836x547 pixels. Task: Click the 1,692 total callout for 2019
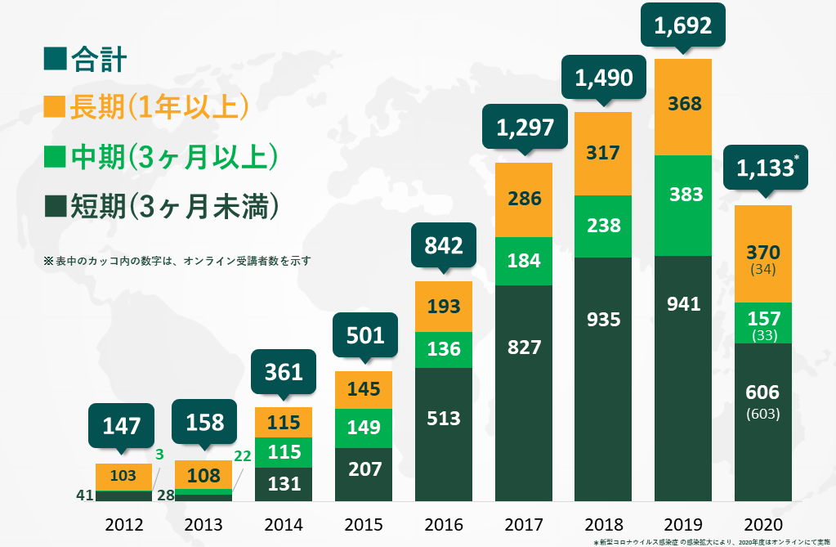point(683,26)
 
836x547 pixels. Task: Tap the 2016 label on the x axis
point(444,525)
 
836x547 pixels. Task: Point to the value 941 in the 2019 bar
point(683,304)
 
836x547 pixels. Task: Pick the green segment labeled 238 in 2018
point(603,226)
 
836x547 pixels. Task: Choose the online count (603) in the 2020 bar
point(763,414)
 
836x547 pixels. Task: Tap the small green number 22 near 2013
point(242,455)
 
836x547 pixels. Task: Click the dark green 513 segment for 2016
point(444,419)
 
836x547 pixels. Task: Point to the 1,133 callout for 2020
point(764,168)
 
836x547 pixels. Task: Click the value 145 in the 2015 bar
point(364,389)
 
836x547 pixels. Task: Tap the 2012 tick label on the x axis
point(124,525)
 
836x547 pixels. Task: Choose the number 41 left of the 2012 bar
point(83,495)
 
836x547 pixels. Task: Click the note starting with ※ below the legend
point(177,261)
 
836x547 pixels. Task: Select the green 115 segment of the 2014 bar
point(284,452)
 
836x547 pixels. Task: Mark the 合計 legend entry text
point(98,58)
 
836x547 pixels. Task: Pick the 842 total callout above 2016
point(444,245)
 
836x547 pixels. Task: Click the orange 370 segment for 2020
point(763,253)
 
